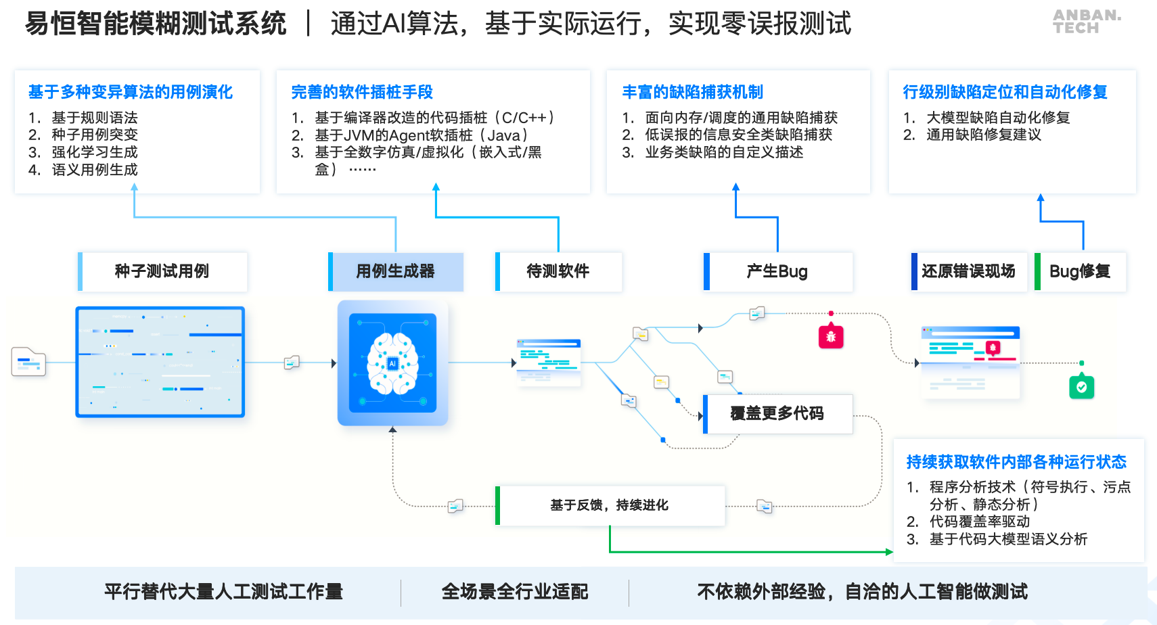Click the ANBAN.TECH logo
pyautogui.click(x=1086, y=21)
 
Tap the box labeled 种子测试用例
pyautogui.click(x=162, y=271)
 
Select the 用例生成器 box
pyautogui.click(x=396, y=271)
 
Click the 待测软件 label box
pyautogui.click(x=558, y=271)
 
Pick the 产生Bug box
pyautogui.click(x=777, y=271)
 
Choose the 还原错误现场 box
pyautogui.click(x=968, y=271)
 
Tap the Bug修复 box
pyautogui.click(x=1080, y=271)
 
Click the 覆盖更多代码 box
pyautogui.click(x=777, y=413)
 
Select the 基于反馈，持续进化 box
pyautogui.click(x=610, y=505)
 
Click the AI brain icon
pyautogui.click(x=392, y=363)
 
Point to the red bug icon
pyautogui.click(x=831, y=336)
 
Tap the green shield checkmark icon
pyautogui.click(x=1081, y=387)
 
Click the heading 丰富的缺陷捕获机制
pyautogui.click(x=692, y=92)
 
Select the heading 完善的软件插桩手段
pyautogui.click(x=362, y=92)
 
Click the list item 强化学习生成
pyautogui.click(x=95, y=152)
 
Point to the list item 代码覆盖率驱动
pyautogui.click(x=979, y=522)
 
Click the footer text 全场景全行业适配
pyautogui.click(x=515, y=592)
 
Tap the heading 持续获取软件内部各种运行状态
pyautogui.click(x=1016, y=462)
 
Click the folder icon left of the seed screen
pyautogui.click(x=28, y=362)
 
